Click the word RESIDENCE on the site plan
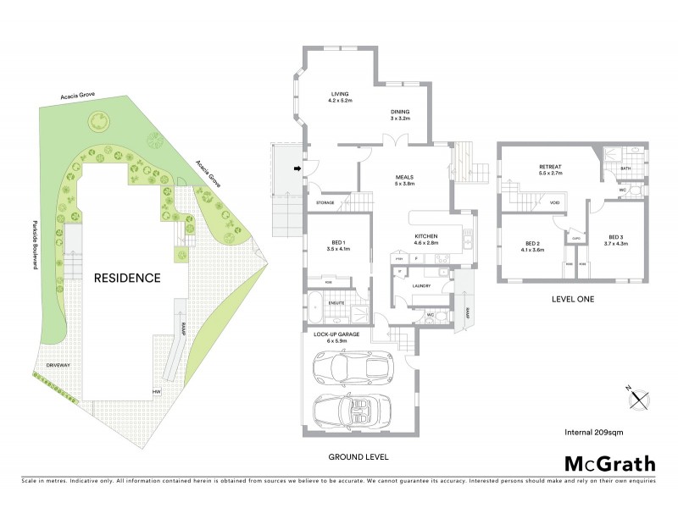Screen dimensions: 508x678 coord(127,277)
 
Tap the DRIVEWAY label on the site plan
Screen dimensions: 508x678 coord(58,365)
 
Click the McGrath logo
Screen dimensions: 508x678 coord(609,463)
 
